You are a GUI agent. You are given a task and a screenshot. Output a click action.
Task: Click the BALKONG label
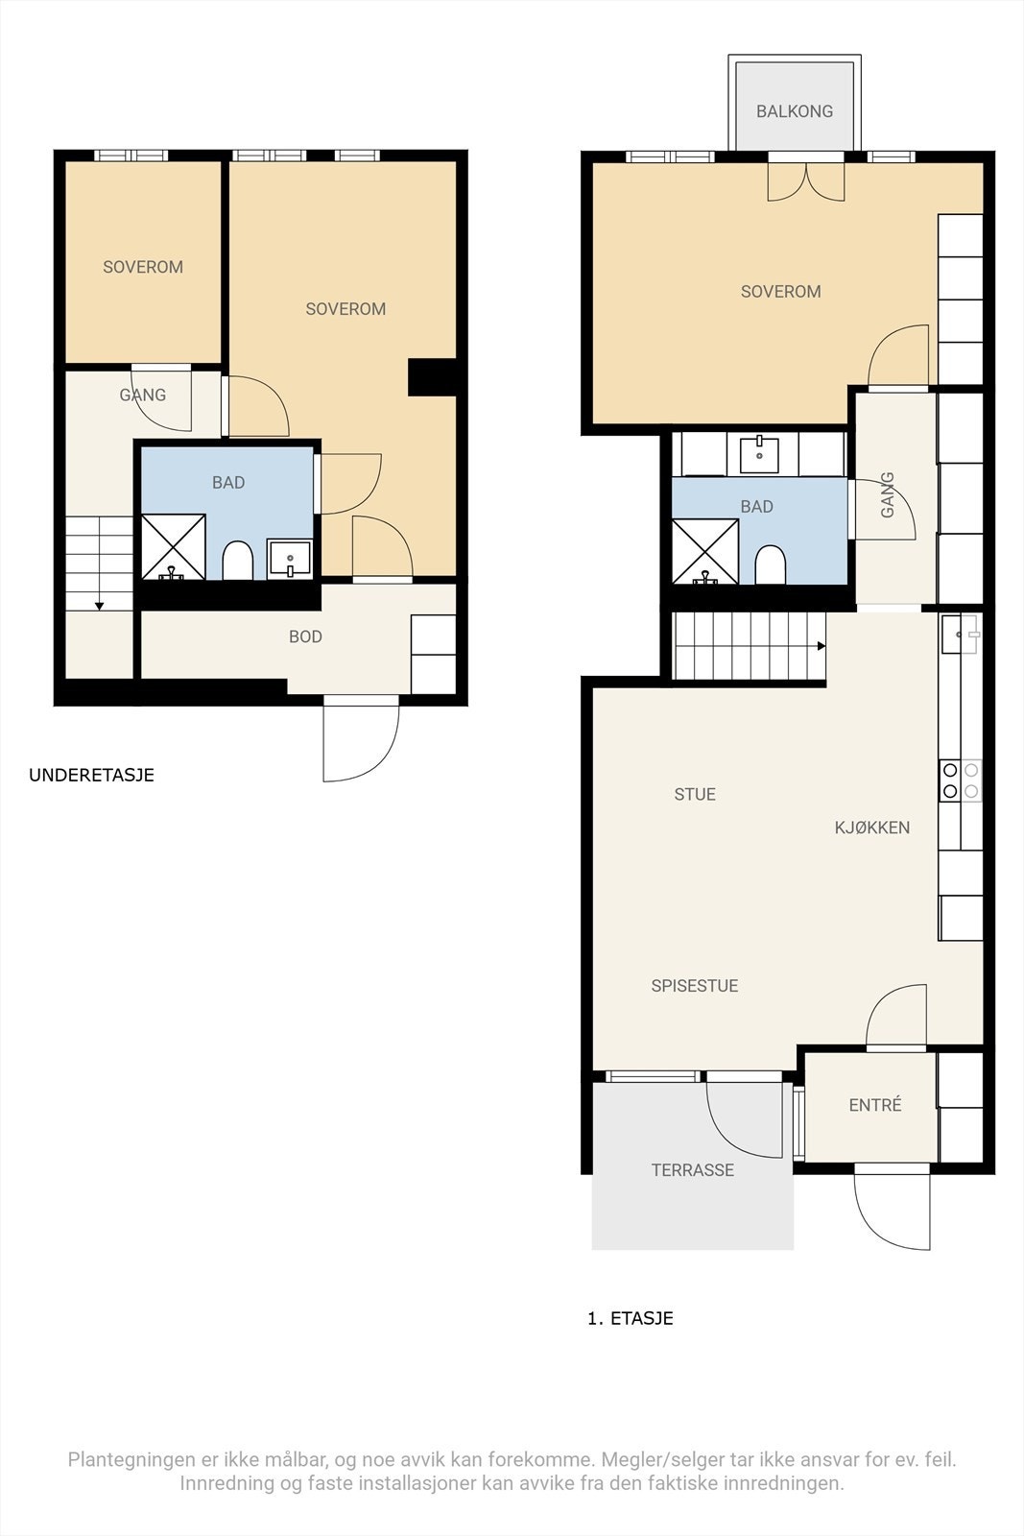(795, 111)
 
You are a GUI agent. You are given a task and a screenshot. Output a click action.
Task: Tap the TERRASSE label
(692, 1170)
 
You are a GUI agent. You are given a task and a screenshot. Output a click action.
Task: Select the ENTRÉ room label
(874, 1105)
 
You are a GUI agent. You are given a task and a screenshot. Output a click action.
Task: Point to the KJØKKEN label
(871, 828)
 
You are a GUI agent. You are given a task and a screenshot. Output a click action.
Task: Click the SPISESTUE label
(694, 986)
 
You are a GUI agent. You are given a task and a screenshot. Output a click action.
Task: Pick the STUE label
(695, 795)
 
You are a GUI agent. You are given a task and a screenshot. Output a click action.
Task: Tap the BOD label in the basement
(305, 637)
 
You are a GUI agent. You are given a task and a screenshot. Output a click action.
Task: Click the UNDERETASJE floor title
(91, 775)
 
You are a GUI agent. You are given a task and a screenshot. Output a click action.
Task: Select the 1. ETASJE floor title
(630, 1318)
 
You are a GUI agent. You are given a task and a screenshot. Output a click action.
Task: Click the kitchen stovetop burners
(961, 780)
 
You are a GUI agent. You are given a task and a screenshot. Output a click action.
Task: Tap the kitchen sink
(960, 634)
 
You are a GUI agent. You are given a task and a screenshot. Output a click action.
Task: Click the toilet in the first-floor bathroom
(770, 565)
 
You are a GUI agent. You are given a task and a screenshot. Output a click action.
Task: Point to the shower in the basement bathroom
(174, 546)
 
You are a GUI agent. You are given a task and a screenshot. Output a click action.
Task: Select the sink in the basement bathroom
(289, 559)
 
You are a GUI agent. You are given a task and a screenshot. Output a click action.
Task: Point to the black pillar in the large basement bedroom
(433, 377)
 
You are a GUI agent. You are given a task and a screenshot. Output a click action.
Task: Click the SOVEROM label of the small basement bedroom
(143, 268)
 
